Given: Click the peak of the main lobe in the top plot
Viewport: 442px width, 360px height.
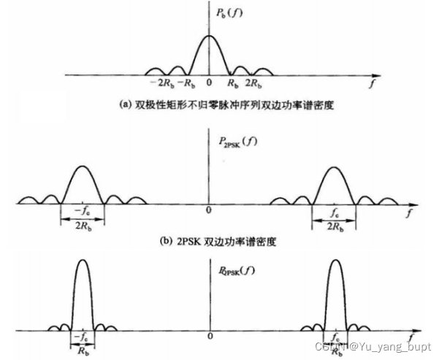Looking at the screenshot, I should tap(210, 36).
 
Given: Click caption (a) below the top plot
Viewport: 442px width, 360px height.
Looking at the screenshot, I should tap(212, 104).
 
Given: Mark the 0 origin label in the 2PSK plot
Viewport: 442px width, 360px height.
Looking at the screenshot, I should tap(210, 210).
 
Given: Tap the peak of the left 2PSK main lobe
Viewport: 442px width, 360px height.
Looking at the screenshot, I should tap(82, 167).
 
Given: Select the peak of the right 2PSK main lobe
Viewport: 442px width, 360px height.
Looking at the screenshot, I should tap(335, 167).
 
